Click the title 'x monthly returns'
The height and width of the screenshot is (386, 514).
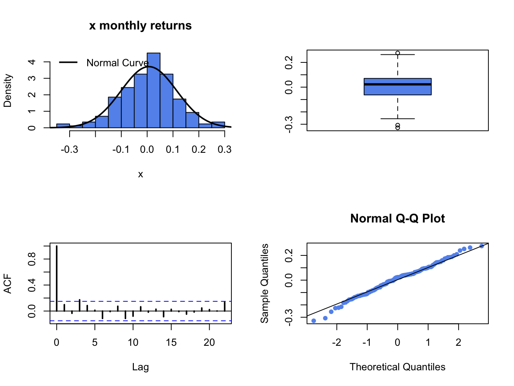[140, 26]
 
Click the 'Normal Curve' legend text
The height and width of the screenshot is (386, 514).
[117, 63]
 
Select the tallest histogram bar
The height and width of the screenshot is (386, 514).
[153, 90]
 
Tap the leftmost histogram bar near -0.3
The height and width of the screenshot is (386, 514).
[63, 126]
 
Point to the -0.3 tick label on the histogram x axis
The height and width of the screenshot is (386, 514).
[69, 149]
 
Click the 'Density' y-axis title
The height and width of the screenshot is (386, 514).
[8, 91]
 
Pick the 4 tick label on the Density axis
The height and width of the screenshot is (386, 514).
[32, 62]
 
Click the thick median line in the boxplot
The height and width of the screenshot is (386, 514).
[397, 84]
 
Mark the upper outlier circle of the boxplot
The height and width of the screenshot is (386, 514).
[398, 53]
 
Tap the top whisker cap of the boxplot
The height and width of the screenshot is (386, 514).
[398, 55]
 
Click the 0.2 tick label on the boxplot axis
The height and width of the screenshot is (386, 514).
[290, 62]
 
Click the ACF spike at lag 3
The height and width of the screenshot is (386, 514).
[80, 305]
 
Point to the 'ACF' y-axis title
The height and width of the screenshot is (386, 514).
[8, 284]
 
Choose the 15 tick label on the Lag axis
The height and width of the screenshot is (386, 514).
[171, 342]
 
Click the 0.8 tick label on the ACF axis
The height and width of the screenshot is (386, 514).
[32, 259]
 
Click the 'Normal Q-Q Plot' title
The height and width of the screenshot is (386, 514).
[397, 219]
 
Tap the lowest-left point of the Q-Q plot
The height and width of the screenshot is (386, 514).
[314, 321]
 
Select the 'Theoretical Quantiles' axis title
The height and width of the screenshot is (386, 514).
[397, 367]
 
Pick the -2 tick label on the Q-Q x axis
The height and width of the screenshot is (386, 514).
[336, 342]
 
